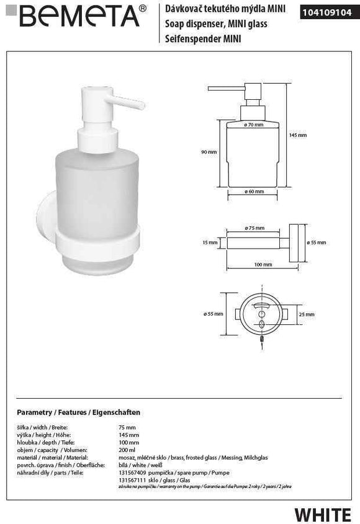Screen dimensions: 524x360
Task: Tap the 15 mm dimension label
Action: [210, 242]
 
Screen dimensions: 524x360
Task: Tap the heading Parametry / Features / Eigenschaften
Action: [78, 412]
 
